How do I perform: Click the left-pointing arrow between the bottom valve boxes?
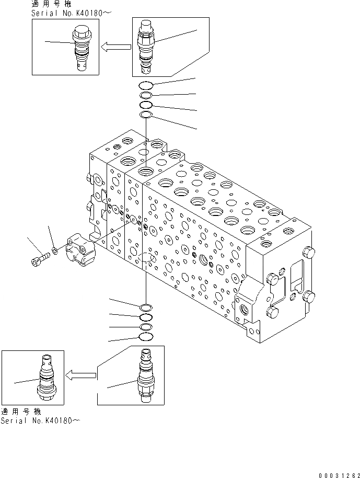(x=80, y=374)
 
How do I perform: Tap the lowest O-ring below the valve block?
(x=146, y=337)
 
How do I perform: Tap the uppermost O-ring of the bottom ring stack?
(x=146, y=307)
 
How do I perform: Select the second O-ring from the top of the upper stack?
(x=146, y=95)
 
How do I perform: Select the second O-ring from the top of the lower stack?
(x=146, y=317)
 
